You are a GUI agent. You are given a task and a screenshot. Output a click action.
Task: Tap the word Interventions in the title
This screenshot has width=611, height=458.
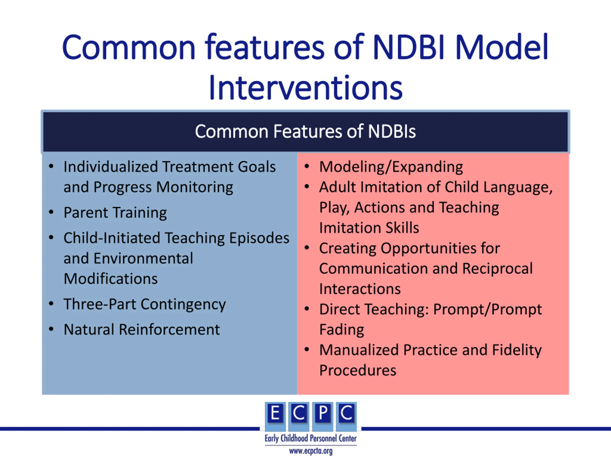(305, 88)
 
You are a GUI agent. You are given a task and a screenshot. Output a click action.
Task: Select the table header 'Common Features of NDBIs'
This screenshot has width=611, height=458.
(305, 131)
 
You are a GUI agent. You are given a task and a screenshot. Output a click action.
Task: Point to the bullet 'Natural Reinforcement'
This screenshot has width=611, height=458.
(142, 329)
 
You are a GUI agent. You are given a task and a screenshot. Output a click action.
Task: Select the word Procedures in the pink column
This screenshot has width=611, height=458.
(358, 370)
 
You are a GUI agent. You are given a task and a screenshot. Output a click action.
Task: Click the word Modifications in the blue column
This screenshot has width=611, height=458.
(111, 279)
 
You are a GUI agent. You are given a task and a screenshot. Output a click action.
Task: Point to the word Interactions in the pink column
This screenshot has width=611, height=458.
(360, 289)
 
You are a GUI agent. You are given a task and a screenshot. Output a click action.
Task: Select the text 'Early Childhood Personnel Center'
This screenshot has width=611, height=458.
(311, 438)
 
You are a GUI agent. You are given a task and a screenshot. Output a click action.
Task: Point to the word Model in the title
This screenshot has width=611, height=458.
(502, 47)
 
